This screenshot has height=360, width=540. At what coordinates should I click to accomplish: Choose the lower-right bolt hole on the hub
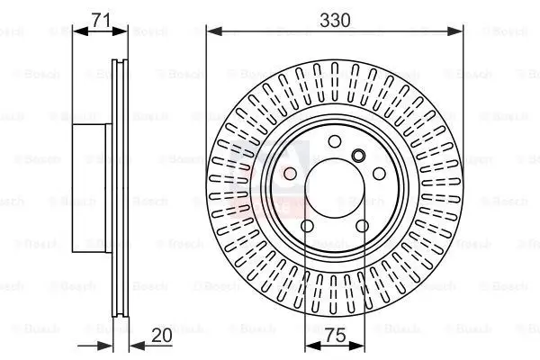pyautogui.click(x=363, y=227)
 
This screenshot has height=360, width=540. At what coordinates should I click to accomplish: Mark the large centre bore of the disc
pyautogui.click(x=335, y=188)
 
